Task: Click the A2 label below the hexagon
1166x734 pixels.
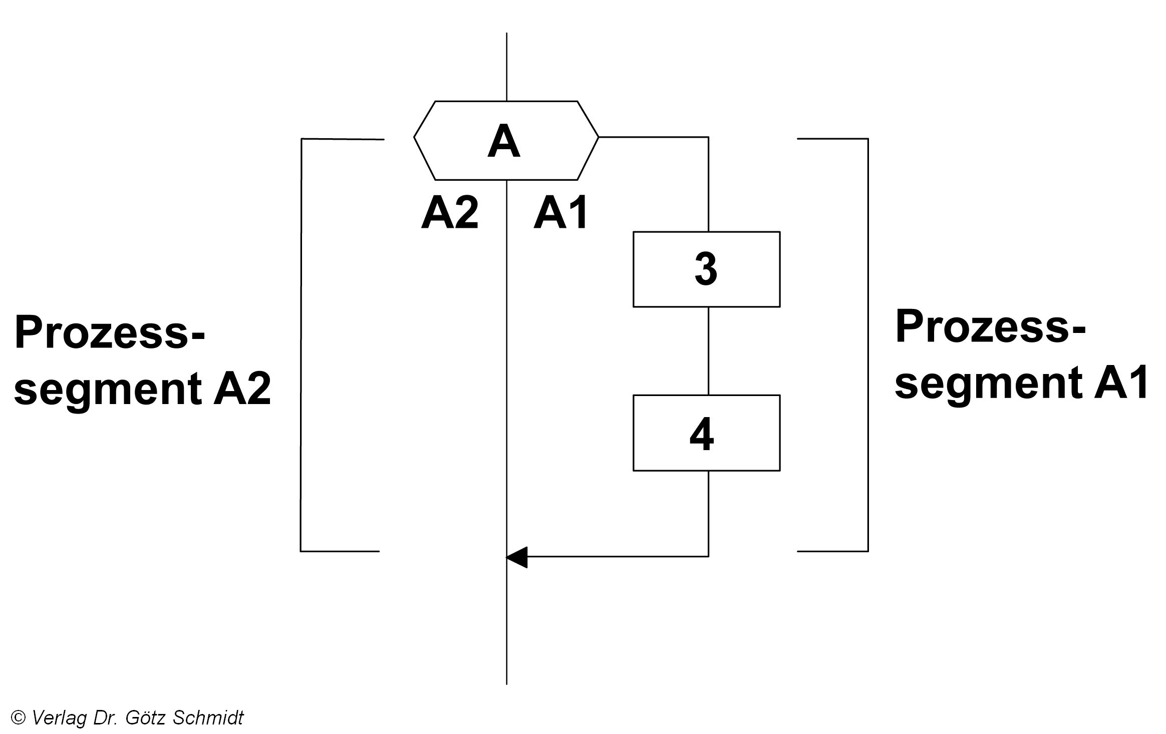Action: pos(450,214)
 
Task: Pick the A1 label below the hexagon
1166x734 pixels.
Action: pos(560,214)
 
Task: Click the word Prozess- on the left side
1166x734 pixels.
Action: pos(109,332)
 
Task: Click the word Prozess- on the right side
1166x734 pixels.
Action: pos(990,327)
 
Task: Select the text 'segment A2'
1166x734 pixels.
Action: pos(142,389)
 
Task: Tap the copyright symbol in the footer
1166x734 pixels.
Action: pos(18,718)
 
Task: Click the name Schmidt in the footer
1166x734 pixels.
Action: pos(208,718)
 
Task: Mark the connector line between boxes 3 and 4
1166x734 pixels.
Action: pos(708,350)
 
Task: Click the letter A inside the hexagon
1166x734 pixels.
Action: pos(504,142)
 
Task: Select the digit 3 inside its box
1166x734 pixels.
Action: pos(706,270)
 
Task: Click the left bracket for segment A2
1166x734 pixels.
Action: pos(301,345)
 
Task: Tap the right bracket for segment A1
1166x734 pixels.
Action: pos(867,345)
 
